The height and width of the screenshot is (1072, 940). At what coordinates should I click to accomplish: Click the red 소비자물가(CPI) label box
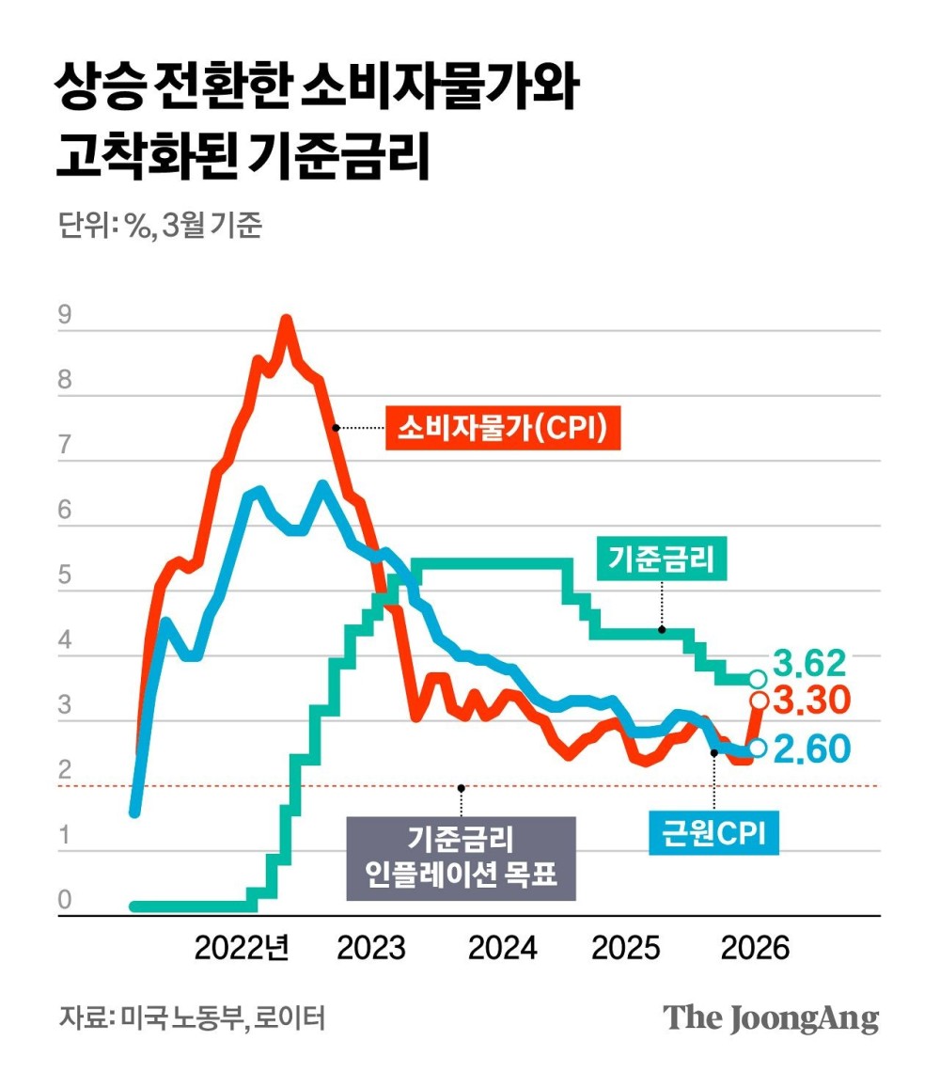point(503,428)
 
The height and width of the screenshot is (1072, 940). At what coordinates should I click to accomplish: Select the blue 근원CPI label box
point(714,832)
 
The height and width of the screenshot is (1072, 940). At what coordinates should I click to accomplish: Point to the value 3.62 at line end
point(810,664)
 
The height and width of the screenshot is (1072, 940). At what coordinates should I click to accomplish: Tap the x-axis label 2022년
point(242,947)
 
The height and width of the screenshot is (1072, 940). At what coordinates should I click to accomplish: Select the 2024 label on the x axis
point(502,947)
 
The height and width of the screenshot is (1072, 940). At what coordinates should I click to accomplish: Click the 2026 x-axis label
point(755,947)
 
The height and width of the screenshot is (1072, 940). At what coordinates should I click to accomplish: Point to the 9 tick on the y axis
point(65,316)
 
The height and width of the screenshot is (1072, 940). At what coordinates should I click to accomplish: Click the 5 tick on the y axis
point(65,576)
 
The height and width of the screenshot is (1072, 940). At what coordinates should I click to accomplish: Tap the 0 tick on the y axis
point(65,901)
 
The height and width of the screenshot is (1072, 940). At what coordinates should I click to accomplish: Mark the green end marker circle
point(759,679)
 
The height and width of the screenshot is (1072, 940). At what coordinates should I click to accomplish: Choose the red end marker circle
point(759,701)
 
